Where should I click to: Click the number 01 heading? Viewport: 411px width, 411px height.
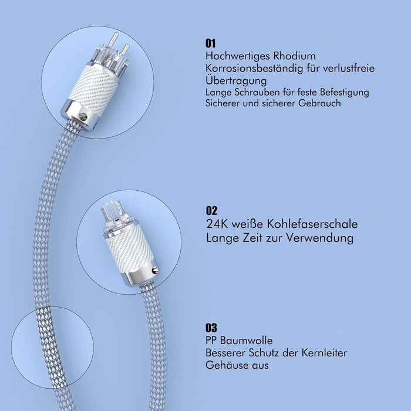point(211,43)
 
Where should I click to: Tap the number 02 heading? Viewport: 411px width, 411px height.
point(211,210)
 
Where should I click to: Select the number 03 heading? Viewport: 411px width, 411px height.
point(211,328)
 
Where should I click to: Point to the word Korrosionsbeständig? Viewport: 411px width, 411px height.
point(254,69)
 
